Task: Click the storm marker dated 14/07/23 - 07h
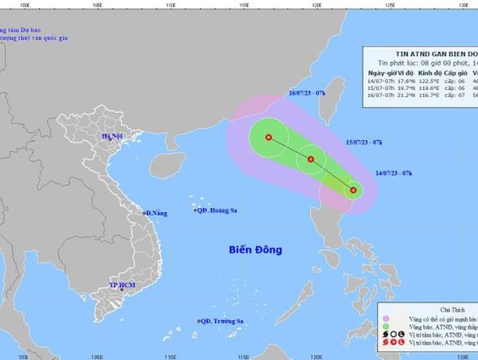pyautogui.click(x=353, y=190)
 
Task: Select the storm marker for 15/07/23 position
pyautogui.click(x=311, y=159)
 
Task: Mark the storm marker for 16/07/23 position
pyautogui.click(x=268, y=137)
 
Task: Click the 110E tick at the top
pyautogui.click(x=170, y=4)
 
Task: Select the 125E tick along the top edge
pyautogui.click(x=390, y=4)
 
